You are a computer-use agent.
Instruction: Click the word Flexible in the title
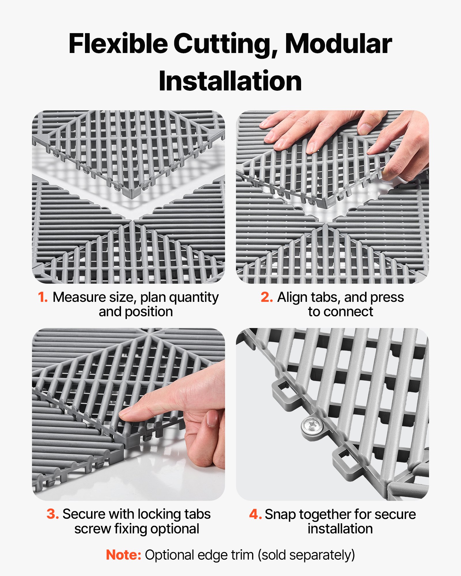(x=118, y=44)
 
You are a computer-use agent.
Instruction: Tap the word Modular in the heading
(x=338, y=44)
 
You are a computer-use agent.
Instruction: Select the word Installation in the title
(x=230, y=81)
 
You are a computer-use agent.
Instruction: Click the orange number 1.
(x=43, y=297)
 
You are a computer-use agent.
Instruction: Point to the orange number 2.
(x=267, y=297)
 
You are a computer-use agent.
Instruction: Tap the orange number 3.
(x=53, y=514)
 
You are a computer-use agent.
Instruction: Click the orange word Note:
(x=124, y=555)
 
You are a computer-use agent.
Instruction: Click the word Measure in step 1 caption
(x=79, y=297)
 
